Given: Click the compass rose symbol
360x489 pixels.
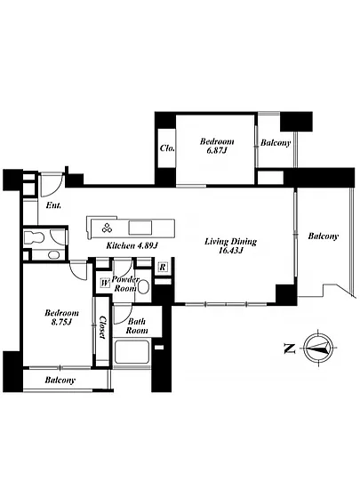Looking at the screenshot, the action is click(318, 348).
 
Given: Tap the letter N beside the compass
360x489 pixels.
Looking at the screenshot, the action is click(289, 349).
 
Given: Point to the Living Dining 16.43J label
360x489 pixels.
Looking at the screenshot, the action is click(230, 246).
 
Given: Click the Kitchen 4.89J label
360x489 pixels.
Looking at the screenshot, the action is click(132, 245).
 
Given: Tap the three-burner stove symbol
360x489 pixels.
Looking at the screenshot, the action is click(108, 228).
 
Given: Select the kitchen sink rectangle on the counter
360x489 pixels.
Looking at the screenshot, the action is click(140, 228).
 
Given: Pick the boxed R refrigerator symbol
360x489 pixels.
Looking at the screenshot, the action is click(163, 268).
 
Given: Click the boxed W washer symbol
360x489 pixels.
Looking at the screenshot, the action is click(105, 284).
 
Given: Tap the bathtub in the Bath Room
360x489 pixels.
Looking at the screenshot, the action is click(132, 352).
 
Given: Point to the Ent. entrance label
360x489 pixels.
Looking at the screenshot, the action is click(53, 205).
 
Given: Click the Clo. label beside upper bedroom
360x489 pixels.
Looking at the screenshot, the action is click(167, 148).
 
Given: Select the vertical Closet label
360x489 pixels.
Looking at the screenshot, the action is click(102, 327).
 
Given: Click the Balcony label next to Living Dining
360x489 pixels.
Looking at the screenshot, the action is click(324, 236).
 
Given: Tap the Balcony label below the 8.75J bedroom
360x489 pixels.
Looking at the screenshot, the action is click(60, 381).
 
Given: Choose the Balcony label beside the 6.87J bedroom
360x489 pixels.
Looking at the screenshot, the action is click(276, 143).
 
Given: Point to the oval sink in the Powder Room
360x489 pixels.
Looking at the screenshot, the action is click(143, 287).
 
